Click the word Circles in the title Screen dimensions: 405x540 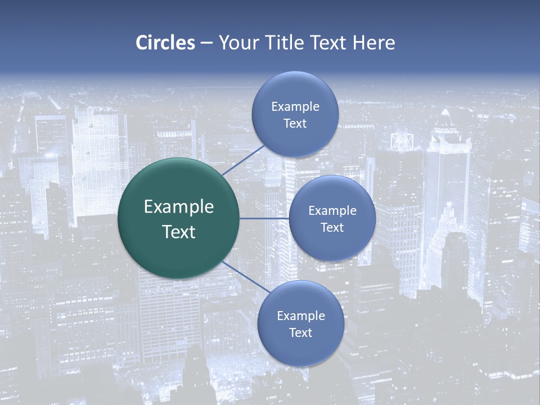click(x=165, y=43)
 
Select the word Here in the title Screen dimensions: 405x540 click(x=373, y=43)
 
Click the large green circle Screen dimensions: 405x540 click(x=179, y=218)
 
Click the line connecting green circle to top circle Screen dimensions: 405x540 click(x=243, y=160)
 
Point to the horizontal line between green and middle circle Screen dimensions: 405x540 click(x=264, y=218)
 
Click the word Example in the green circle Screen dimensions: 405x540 click(x=179, y=206)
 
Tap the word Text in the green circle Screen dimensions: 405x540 click(x=179, y=232)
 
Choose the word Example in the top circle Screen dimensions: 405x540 click(x=295, y=106)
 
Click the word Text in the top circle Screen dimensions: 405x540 click(x=295, y=123)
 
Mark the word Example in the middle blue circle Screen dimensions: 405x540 click(x=332, y=210)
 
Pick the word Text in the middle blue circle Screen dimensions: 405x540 click(x=332, y=227)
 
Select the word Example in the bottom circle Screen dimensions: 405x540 click(x=300, y=316)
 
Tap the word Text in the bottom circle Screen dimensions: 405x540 click(x=300, y=332)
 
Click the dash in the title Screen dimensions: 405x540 click(x=206, y=43)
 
